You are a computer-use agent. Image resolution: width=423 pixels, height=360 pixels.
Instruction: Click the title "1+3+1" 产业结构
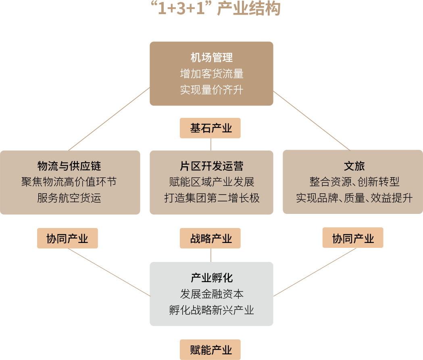(211, 9)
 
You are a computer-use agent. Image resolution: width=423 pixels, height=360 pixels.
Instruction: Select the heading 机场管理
(211, 57)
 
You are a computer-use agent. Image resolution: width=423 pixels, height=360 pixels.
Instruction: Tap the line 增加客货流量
(211, 73)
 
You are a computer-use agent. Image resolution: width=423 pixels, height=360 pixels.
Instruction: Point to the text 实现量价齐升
(211, 90)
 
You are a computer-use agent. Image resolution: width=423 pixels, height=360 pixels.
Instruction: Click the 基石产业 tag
(210, 128)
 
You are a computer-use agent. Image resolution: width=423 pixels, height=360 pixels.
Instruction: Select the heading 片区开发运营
(211, 166)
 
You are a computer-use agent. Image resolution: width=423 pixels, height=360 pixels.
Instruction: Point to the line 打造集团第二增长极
(211, 198)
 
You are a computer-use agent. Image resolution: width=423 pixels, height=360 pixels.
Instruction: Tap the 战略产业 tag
(210, 239)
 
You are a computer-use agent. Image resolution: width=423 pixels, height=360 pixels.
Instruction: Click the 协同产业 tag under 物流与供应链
(67, 239)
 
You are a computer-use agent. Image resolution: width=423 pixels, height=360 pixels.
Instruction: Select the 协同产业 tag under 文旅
(353, 239)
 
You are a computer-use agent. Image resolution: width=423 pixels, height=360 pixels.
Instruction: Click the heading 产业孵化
(211, 278)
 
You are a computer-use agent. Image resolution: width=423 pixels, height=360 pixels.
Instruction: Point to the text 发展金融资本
(211, 294)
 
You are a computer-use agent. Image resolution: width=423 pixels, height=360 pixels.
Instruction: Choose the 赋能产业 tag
(210, 350)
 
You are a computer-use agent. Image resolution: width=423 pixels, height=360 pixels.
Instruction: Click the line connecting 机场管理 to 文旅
(311, 120)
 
